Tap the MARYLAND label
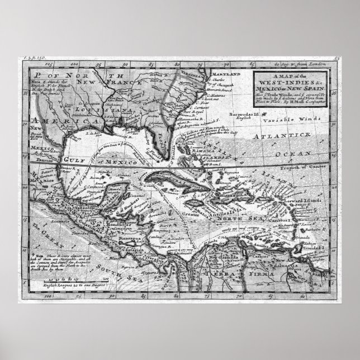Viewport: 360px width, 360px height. (230, 74)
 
